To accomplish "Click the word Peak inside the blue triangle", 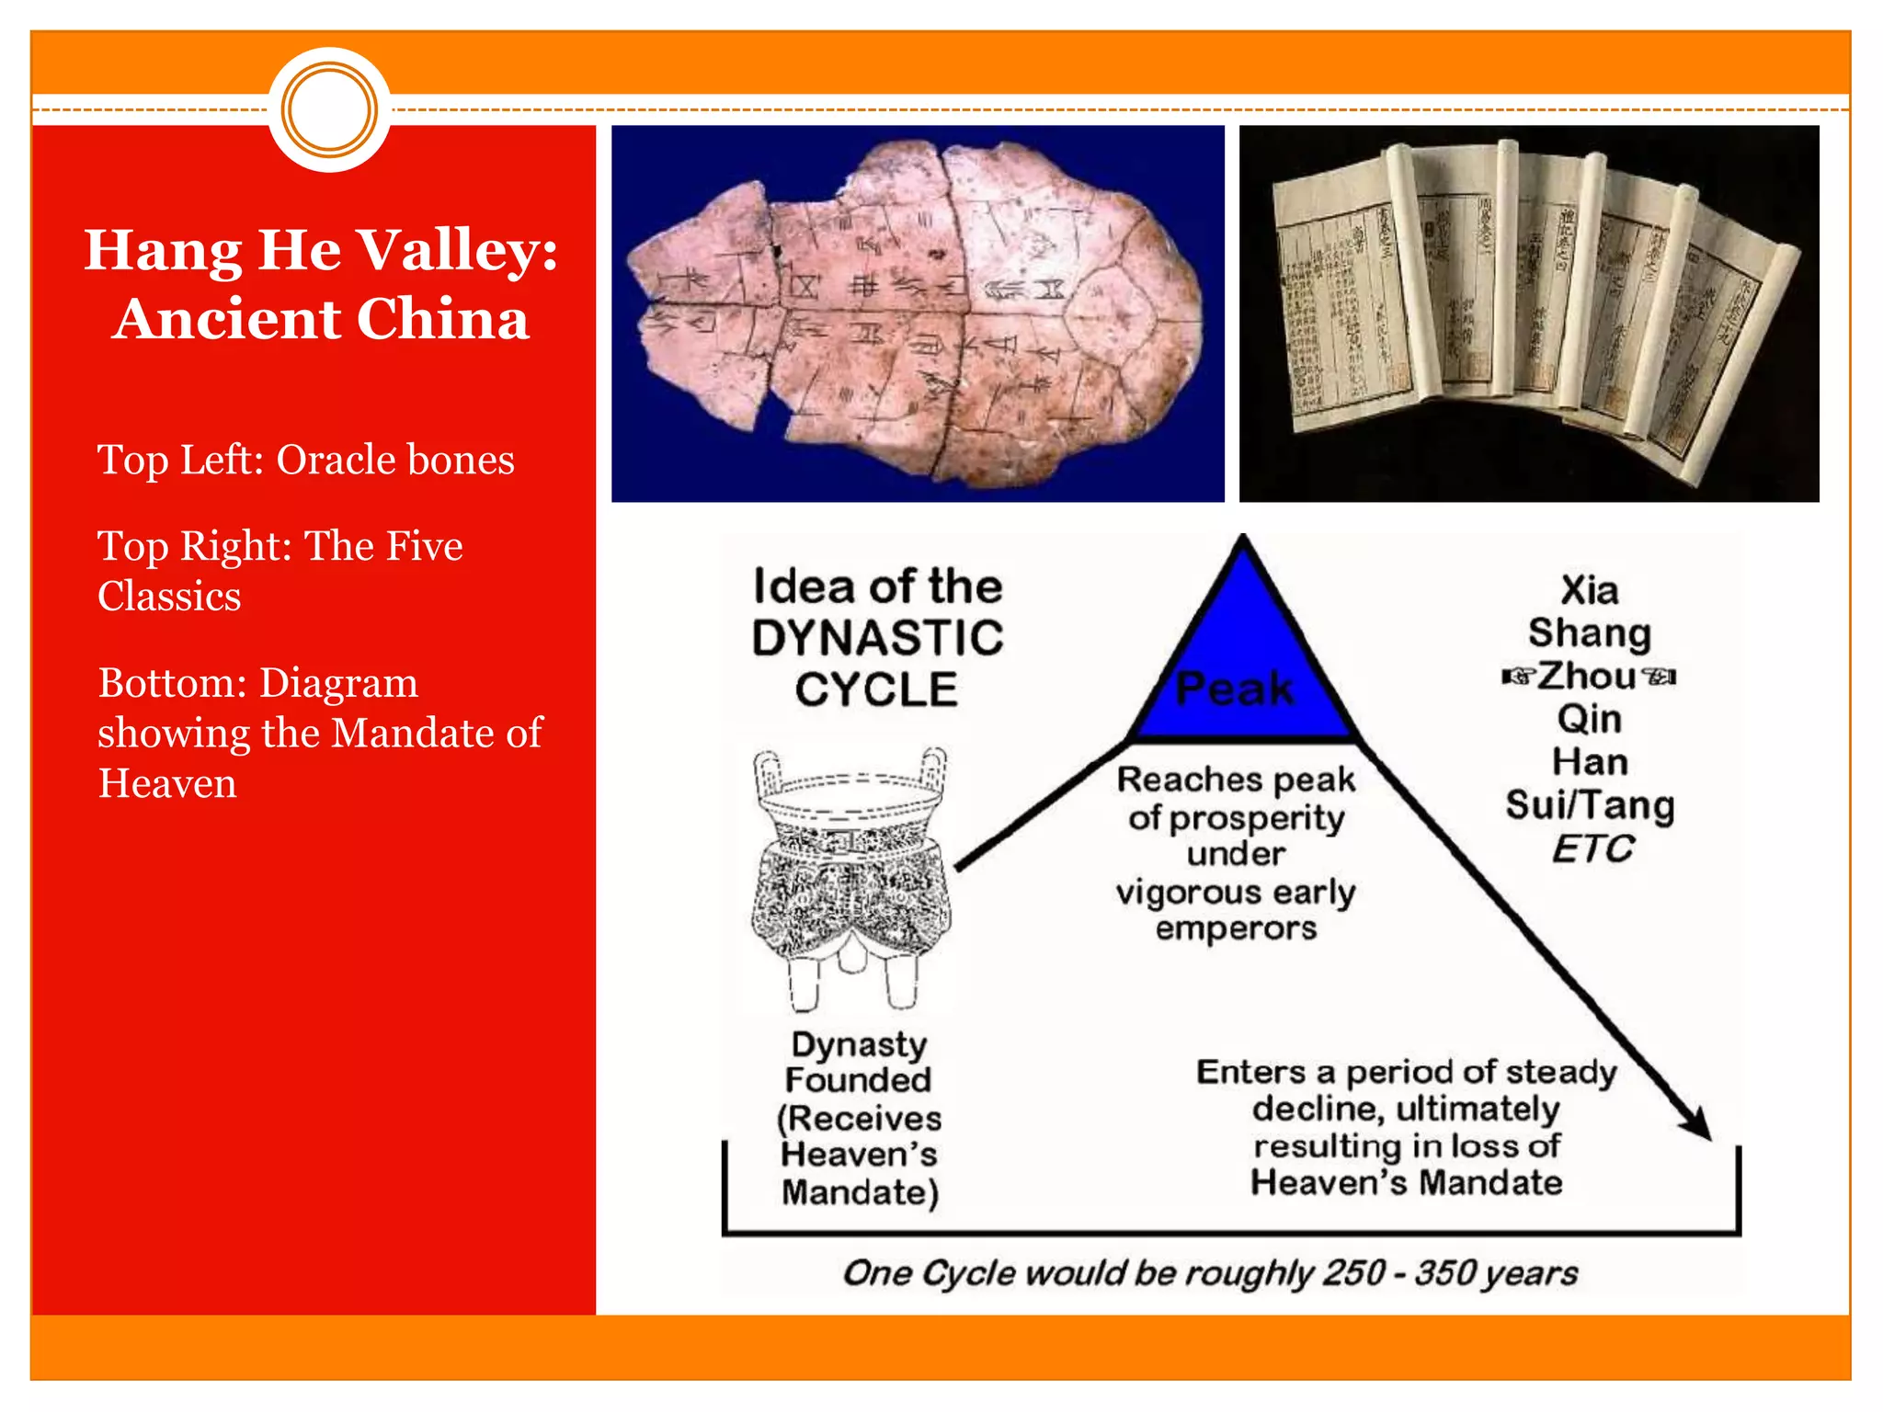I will click(1235, 689).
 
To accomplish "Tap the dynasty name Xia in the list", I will click(1590, 590).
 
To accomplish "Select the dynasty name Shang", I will click(1590, 633).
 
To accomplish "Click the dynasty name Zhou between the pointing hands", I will click(1588, 677).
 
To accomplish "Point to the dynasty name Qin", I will click(1590, 719).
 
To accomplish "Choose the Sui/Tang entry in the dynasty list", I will click(1590, 805).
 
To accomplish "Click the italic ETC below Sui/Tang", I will click(1592, 848).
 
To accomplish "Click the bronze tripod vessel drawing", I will click(850, 878).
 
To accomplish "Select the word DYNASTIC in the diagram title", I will click(877, 638).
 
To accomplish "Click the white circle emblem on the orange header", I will click(329, 109).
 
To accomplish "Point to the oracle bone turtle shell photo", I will click(918, 313).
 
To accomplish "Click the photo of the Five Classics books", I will click(1528, 313).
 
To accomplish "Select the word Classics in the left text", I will click(169, 597).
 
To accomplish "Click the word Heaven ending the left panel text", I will click(167, 784).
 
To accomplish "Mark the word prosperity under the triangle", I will click(1255, 818).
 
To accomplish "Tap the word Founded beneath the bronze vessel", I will click(858, 1080).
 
